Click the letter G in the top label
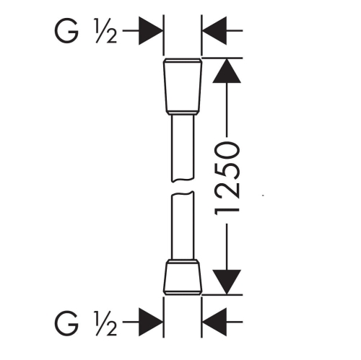[66, 31]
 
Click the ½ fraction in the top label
[106, 31]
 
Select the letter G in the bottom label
[66, 322]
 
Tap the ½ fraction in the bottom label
[106, 322]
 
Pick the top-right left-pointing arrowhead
[214, 31]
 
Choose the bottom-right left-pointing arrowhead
[214, 322]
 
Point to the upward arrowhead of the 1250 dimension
[227, 71]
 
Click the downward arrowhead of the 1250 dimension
[227, 282]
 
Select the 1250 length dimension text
[227, 178]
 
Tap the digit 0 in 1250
[227, 151]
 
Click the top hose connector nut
[183, 84]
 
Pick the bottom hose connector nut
[183, 278]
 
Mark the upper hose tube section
[183, 148]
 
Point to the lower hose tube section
[182, 225]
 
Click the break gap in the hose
[183, 186]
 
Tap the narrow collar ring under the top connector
[183, 113]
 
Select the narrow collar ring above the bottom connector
[183, 261]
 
